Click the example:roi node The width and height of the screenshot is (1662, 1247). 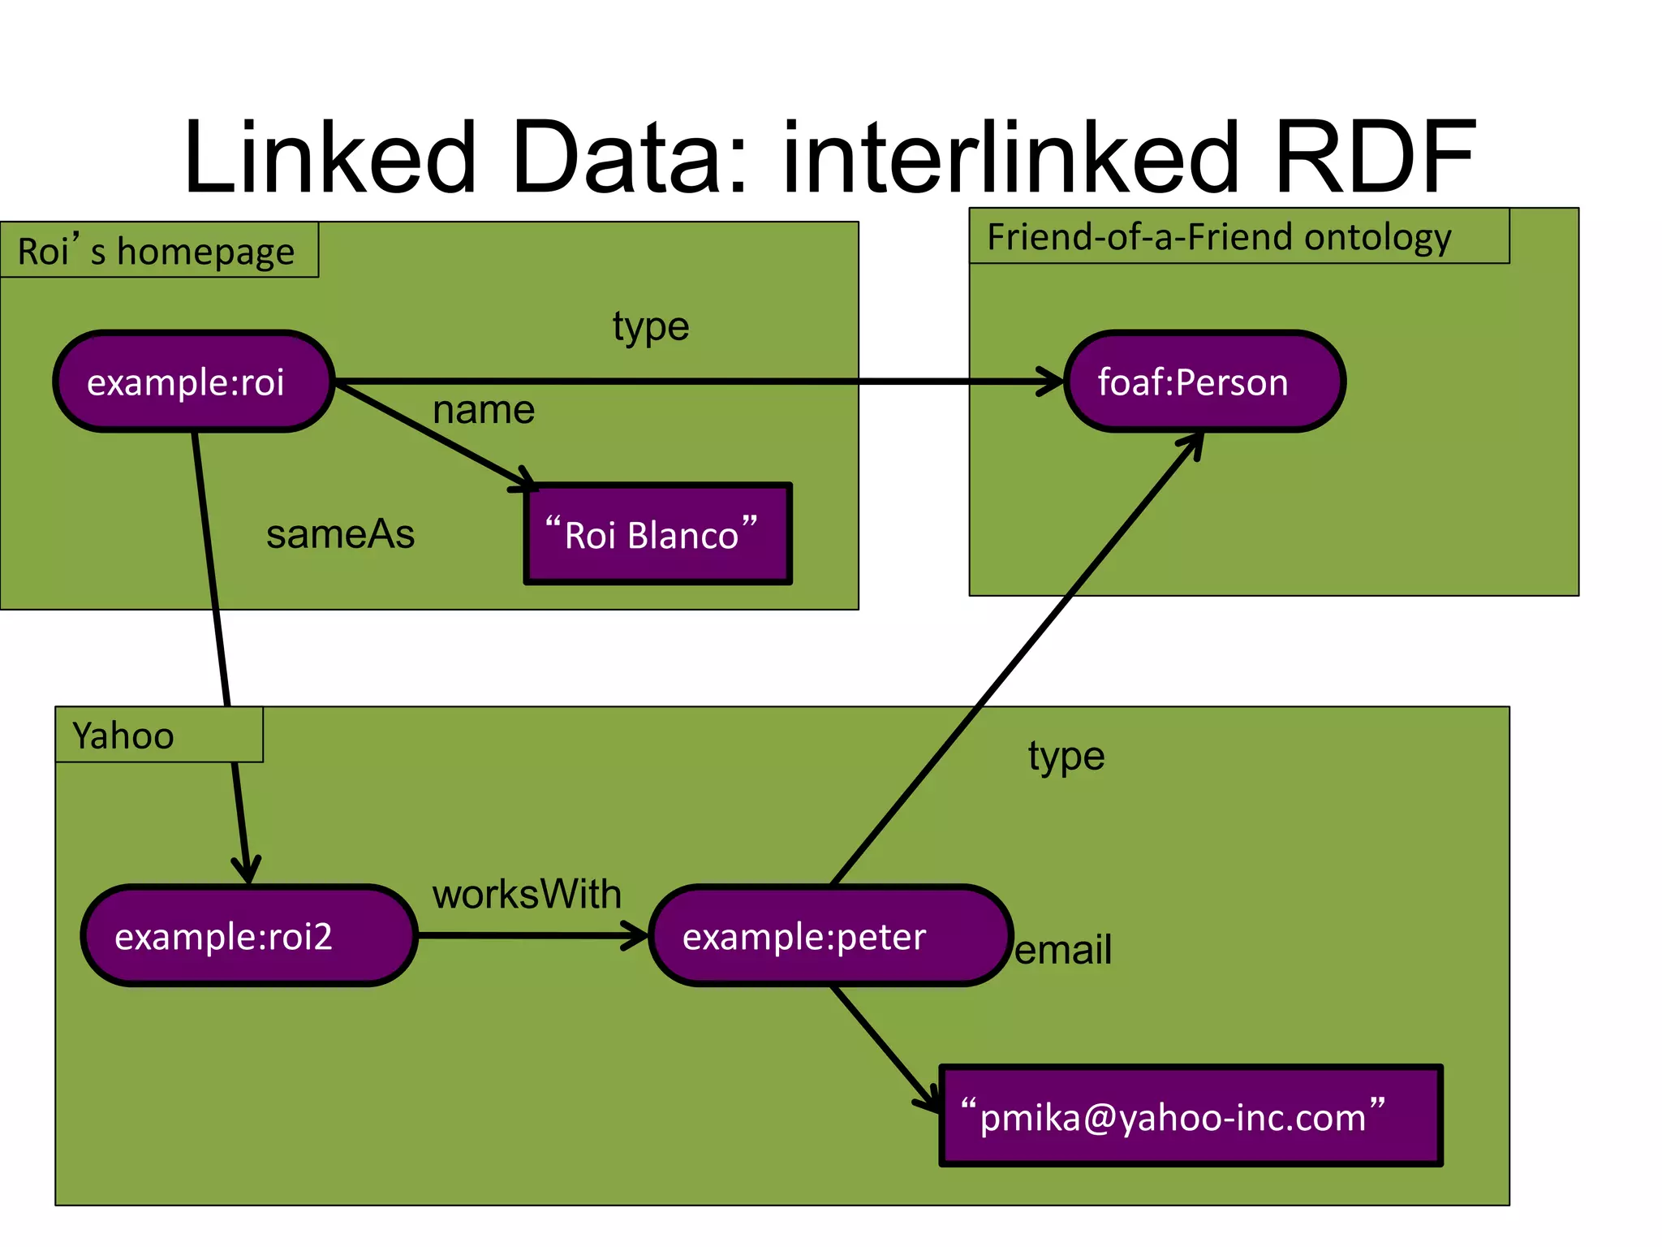click(x=193, y=382)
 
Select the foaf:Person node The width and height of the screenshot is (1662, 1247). click(x=1204, y=382)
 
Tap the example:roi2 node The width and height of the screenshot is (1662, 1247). click(x=248, y=936)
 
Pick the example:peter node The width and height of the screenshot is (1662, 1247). click(x=830, y=936)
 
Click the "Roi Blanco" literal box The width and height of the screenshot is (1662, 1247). click(x=657, y=534)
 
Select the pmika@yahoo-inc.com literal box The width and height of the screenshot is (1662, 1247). click(x=1191, y=1116)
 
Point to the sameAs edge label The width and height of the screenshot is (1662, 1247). click(x=340, y=534)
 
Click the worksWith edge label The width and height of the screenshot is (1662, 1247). click(x=527, y=894)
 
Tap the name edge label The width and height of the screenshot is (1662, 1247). click(x=484, y=409)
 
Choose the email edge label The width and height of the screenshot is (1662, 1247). click(x=1063, y=949)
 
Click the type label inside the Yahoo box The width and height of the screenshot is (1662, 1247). click(x=1066, y=757)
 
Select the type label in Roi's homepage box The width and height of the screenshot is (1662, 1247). click(x=651, y=327)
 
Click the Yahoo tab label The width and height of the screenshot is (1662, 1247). click(x=123, y=736)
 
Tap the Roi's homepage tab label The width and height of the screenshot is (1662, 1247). click(x=157, y=251)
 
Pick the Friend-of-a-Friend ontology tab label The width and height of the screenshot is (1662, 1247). click(x=1219, y=237)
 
